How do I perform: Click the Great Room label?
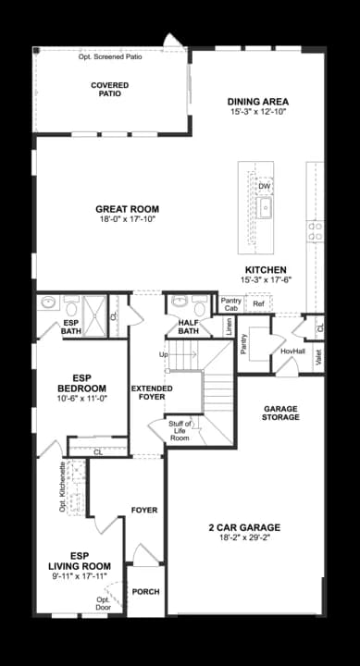tap(128, 209)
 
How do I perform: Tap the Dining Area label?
tap(258, 101)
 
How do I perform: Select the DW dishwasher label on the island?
tap(265, 187)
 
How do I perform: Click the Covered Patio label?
tap(110, 89)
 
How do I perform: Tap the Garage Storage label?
tap(281, 413)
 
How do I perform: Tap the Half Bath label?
tap(189, 327)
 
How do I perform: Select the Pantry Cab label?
tap(230, 304)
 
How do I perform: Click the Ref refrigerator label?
tap(258, 304)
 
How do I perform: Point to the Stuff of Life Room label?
tap(180, 430)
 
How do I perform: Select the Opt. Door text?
tap(103, 603)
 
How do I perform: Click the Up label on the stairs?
tap(164, 354)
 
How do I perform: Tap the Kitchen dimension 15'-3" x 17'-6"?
tap(266, 279)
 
